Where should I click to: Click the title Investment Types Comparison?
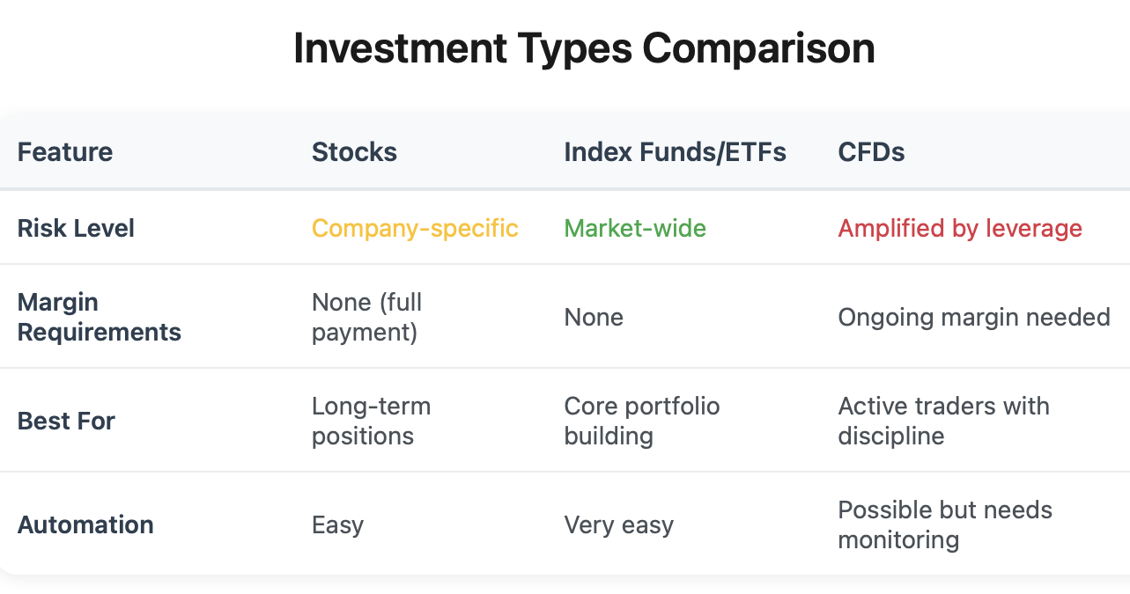[x=584, y=49]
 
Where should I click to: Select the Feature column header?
[x=65, y=151]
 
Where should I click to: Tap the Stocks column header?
[x=354, y=151]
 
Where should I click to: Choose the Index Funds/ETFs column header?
[x=675, y=151]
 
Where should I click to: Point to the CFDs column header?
[x=871, y=151]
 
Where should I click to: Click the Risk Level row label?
[x=76, y=228]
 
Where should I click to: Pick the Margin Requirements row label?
[x=99, y=317]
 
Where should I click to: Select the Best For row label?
[x=66, y=421]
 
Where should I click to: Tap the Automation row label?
[x=85, y=524]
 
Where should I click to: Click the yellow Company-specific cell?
[x=415, y=228]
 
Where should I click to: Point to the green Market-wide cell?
[x=635, y=228]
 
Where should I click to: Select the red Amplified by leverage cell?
[x=960, y=228]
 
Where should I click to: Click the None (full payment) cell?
[x=366, y=317]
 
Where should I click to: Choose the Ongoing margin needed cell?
[x=974, y=318]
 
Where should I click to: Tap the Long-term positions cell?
[x=372, y=421]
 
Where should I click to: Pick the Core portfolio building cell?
[x=642, y=421]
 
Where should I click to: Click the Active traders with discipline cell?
[x=944, y=421]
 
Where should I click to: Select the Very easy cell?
[x=618, y=524]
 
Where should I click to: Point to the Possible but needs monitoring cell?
[x=945, y=524]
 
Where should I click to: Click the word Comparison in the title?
[x=758, y=49]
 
